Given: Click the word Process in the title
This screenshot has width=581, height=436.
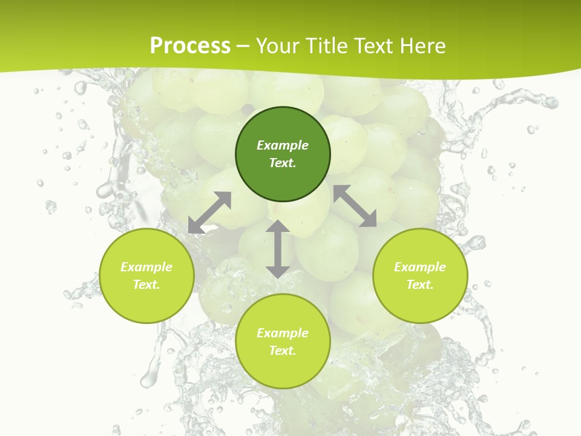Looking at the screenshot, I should (x=190, y=46).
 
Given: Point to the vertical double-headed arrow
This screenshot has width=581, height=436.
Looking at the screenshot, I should (x=278, y=249).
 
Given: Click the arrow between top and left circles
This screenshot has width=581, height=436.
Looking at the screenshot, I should (x=209, y=213).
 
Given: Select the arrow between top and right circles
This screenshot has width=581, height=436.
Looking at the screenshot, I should (x=355, y=206).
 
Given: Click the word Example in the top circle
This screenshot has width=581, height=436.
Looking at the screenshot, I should (x=283, y=145).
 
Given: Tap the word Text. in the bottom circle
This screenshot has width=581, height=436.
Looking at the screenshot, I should (x=283, y=351).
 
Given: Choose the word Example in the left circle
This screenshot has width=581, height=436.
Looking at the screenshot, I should (x=146, y=267).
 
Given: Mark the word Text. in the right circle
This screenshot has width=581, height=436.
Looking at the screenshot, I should (x=420, y=285).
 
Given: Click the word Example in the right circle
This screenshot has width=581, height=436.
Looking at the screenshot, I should (x=420, y=267).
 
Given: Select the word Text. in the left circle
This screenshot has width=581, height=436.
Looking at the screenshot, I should (x=146, y=285).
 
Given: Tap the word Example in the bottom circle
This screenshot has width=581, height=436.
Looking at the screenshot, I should (x=283, y=333).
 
